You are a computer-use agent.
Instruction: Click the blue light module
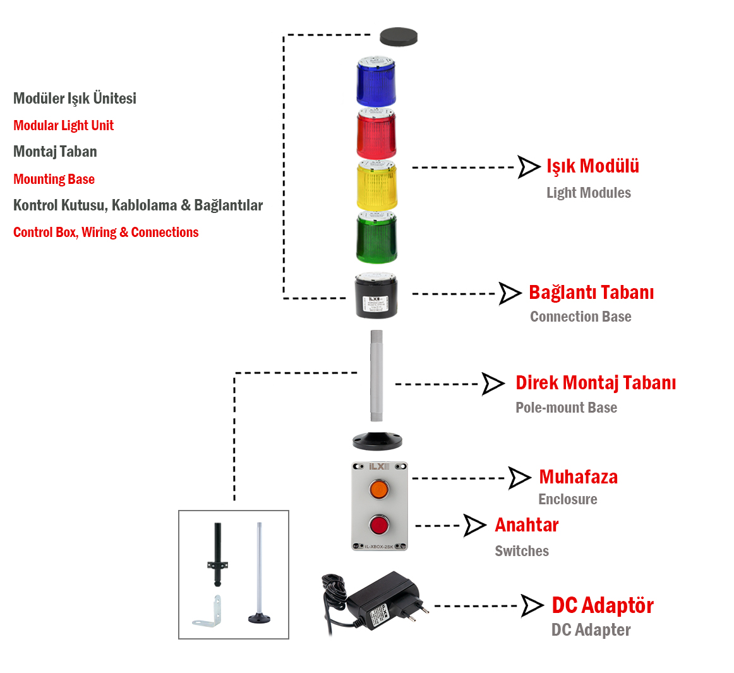pyautogui.click(x=376, y=82)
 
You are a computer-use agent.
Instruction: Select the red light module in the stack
pyautogui.click(x=376, y=134)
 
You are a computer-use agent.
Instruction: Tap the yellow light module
pyautogui.click(x=376, y=186)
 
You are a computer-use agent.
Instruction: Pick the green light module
pyautogui.click(x=376, y=238)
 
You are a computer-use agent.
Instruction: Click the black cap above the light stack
pyautogui.click(x=399, y=37)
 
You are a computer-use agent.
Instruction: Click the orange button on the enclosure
pyautogui.click(x=379, y=488)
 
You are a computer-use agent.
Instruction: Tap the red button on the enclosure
pyautogui.click(x=379, y=524)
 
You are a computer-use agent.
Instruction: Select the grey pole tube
pyautogui.click(x=376, y=375)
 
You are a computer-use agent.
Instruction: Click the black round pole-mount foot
pyautogui.click(x=377, y=440)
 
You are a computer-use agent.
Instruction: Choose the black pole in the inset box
pyautogui.click(x=218, y=554)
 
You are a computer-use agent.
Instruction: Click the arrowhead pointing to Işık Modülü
pyautogui.click(x=529, y=167)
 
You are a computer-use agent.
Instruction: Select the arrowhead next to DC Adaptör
pyautogui.click(x=532, y=605)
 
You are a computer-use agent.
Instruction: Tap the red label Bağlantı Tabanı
pyautogui.click(x=591, y=293)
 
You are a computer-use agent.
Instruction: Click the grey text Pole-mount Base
pyautogui.click(x=566, y=408)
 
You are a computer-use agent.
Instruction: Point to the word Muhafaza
pyautogui.click(x=578, y=477)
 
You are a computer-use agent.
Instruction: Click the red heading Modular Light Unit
pyautogui.click(x=63, y=125)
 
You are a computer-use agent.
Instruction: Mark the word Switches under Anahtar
pyautogui.click(x=522, y=551)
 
